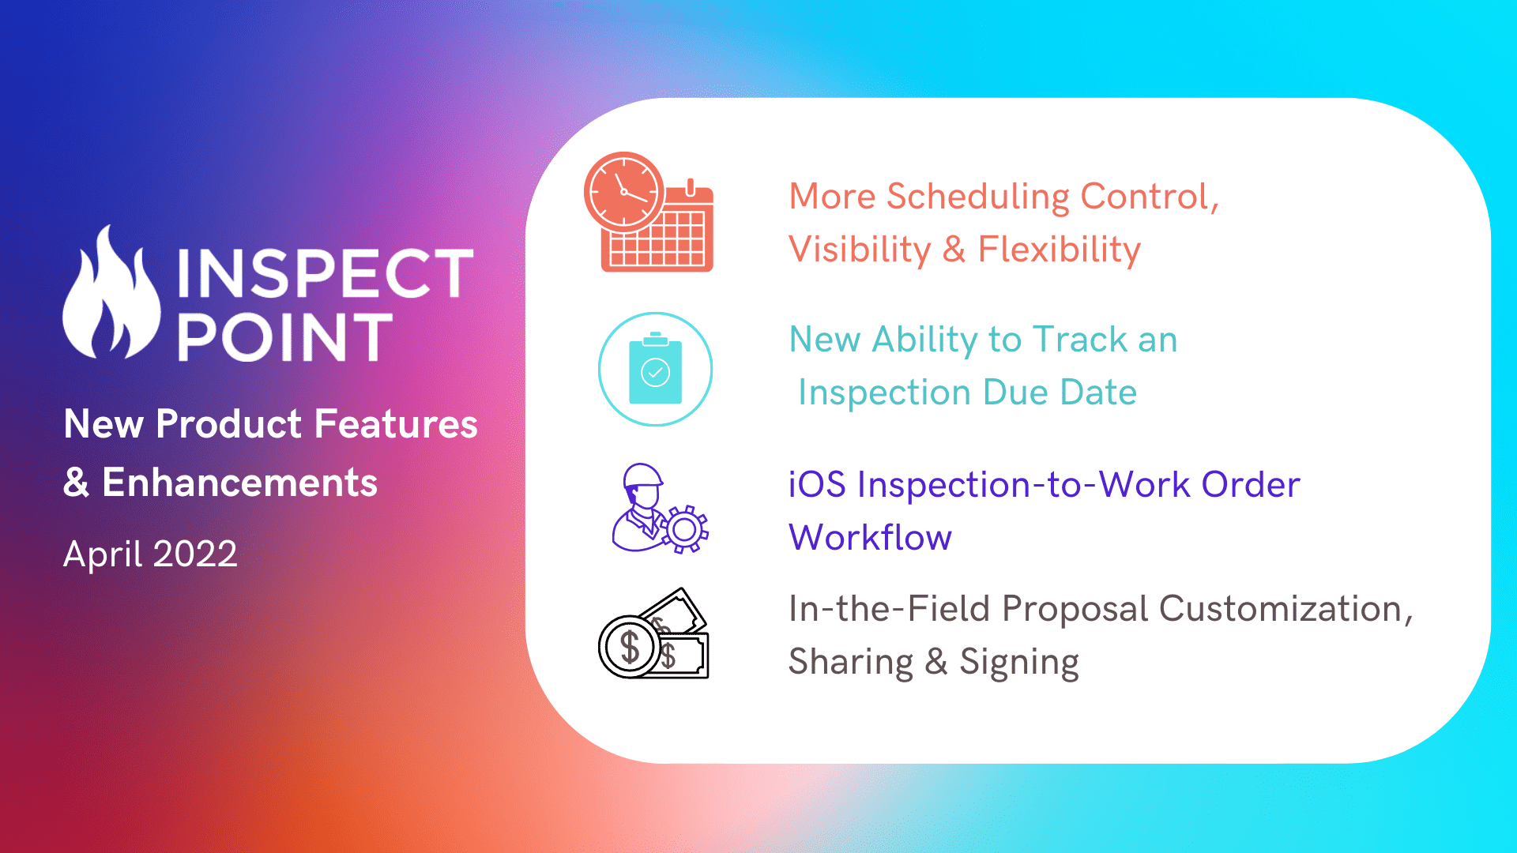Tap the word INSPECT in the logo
pyautogui.click(x=326, y=274)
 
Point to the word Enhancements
pyautogui.click(x=240, y=483)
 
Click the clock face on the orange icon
pyautogui.click(x=624, y=192)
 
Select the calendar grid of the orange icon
pyautogui.click(x=659, y=238)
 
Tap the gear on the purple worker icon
pyautogui.click(x=685, y=529)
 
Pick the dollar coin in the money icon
pyautogui.click(x=630, y=647)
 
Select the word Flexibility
pyautogui.click(x=1060, y=250)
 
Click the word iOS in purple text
pyautogui.click(x=817, y=485)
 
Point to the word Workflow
pyautogui.click(x=871, y=537)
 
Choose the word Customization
pyautogui.click(x=1286, y=610)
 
